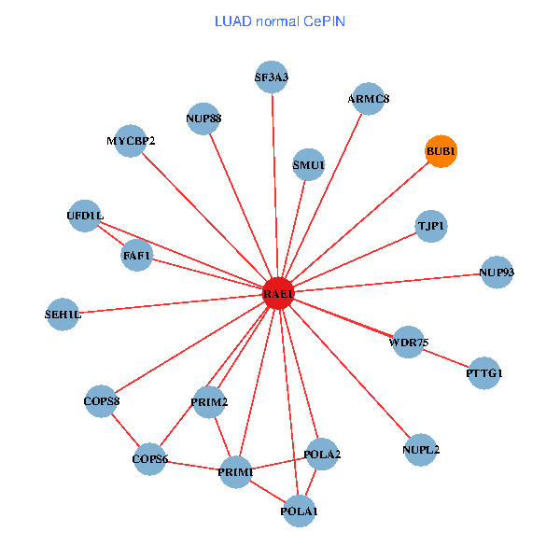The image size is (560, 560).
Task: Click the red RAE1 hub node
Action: point(278,293)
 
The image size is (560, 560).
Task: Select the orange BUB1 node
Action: point(441,150)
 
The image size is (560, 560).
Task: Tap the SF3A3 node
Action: point(272,77)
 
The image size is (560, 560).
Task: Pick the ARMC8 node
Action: point(369,98)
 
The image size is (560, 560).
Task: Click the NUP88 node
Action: point(203,119)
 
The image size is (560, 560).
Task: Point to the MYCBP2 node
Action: point(131,141)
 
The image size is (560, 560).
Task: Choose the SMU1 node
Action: point(308,165)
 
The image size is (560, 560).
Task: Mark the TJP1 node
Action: point(430,226)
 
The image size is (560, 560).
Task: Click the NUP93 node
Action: point(497,272)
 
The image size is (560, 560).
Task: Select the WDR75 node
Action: point(409,342)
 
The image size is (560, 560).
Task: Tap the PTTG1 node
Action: point(484,373)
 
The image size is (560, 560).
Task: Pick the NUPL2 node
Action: point(421,449)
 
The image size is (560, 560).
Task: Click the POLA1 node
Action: point(299,511)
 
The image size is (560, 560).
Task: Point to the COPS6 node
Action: point(150,458)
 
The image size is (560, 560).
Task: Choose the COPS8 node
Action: point(101,401)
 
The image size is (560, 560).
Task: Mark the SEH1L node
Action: point(63,315)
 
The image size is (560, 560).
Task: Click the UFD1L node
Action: point(85,216)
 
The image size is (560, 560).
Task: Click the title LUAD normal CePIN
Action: point(280,21)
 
